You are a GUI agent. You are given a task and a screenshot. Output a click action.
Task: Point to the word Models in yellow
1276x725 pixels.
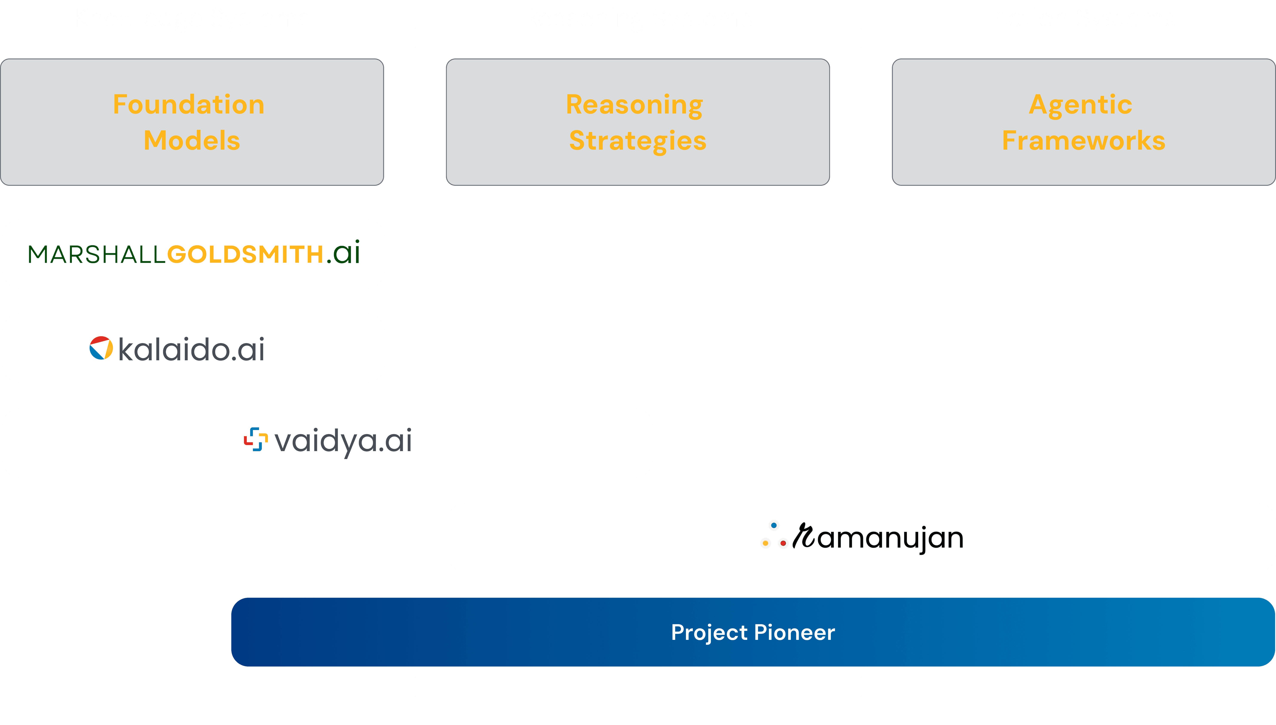192,140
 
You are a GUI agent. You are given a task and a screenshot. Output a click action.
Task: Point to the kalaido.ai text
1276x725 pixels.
191,350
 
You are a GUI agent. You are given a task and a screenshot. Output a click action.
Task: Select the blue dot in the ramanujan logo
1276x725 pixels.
774,525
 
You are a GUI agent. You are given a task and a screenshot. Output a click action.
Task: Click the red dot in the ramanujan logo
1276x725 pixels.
783,543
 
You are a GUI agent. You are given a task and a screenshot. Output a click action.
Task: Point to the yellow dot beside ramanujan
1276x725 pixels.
765,543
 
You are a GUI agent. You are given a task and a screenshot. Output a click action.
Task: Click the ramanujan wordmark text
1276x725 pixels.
879,538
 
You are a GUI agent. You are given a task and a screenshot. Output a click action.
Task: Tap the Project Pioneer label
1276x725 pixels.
753,632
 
